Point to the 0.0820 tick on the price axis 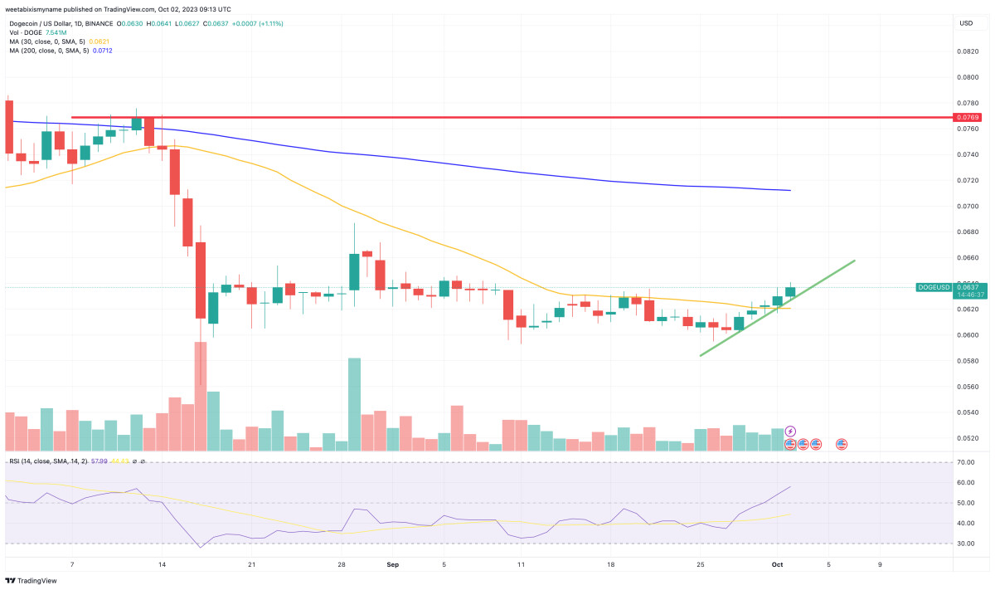click(x=966, y=51)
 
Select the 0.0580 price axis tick click(x=966, y=361)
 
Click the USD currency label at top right click(x=966, y=22)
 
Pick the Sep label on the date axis click(x=393, y=565)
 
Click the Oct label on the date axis click(x=777, y=565)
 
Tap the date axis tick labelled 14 click(x=162, y=565)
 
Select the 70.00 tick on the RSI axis click(x=966, y=462)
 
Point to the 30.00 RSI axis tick click(x=966, y=544)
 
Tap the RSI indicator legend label click(x=50, y=461)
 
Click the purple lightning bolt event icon click(x=790, y=432)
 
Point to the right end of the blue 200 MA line click(x=789, y=190)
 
